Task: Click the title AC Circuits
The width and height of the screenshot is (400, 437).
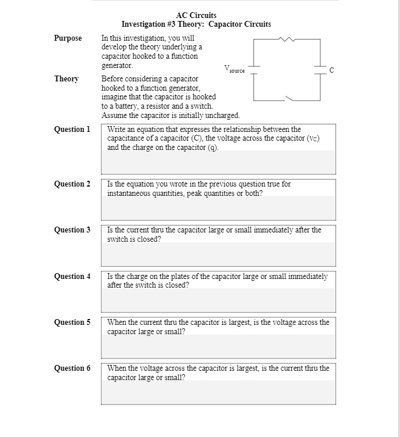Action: coord(196,15)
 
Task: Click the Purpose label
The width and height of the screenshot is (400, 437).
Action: coord(68,38)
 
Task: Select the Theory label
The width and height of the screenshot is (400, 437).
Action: coord(66,78)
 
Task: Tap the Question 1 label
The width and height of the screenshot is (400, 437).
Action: coord(72,129)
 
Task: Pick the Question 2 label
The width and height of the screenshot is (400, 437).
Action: coord(72,184)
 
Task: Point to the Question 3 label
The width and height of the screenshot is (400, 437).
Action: coord(72,230)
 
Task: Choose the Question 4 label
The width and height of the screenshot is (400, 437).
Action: coord(72,277)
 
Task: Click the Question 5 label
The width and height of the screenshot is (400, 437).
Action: coord(72,322)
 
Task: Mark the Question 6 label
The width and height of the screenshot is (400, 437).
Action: coord(72,368)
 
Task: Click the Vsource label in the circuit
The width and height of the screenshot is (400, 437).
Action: coord(234,70)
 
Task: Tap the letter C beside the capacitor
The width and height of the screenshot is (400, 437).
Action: coord(332,70)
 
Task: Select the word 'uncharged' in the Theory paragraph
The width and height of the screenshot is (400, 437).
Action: coord(221,116)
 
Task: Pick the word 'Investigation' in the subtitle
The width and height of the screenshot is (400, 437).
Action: coord(143,24)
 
